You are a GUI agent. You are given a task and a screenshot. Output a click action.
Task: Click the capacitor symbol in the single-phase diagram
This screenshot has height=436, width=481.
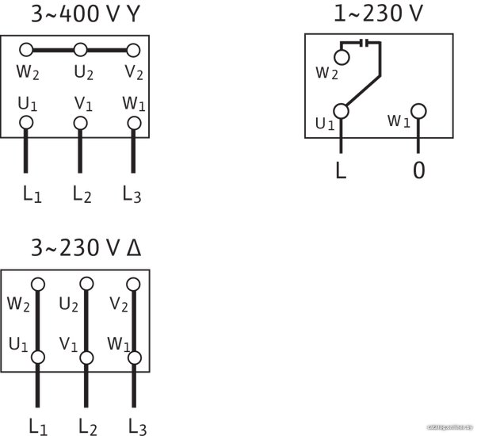364,43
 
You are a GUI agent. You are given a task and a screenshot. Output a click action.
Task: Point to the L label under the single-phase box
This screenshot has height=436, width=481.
341,171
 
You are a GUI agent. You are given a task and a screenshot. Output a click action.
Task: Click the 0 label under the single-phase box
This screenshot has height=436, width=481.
418,171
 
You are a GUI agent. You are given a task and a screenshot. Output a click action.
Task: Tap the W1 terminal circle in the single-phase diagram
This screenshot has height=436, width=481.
418,111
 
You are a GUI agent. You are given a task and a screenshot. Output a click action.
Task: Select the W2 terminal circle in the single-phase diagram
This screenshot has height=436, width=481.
342,57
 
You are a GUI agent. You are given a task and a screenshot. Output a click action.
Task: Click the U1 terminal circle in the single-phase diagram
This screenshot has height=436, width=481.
342,112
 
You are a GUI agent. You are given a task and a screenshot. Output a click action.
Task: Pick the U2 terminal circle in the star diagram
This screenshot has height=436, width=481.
79,50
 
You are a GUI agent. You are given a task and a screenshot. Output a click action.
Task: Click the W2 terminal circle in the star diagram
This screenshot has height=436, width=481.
25,50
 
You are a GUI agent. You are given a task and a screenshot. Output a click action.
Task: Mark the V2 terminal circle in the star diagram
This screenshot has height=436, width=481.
133,50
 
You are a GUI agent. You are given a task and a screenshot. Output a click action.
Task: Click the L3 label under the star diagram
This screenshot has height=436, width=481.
132,193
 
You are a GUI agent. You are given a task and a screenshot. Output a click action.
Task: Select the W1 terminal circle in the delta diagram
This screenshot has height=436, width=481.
135,358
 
